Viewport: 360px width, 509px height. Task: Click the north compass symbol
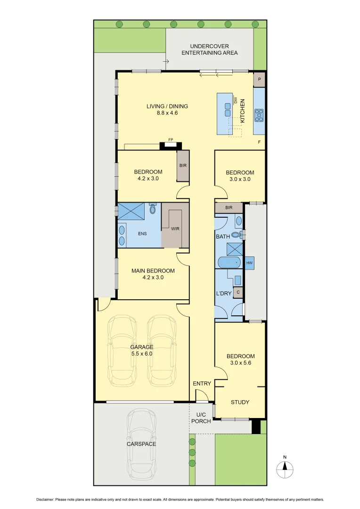click(x=285, y=467)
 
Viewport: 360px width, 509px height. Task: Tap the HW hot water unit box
click(x=249, y=263)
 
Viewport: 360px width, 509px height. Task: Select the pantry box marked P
click(x=259, y=80)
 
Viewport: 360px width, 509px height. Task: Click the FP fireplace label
click(x=171, y=140)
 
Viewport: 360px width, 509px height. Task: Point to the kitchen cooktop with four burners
click(x=259, y=114)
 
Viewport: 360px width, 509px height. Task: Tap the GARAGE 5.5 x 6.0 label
click(x=142, y=350)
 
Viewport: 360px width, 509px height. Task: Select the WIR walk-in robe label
click(x=175, y=229)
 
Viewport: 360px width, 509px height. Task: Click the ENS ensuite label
click(x=142, y=233)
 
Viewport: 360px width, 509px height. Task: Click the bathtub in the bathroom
click(x=230, y=262)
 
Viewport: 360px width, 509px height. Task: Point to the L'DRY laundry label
click(x=223, y=293)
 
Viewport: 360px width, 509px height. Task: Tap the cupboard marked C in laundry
click(x=238, y=292)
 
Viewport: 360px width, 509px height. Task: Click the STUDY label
click(x=240, y=402)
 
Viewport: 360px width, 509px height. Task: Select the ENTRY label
click(x=202, y=384)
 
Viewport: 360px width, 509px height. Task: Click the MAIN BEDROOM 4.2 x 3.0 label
click(x=146, y=274)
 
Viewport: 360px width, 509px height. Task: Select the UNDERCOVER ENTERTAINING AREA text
click(x=210, y=49)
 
